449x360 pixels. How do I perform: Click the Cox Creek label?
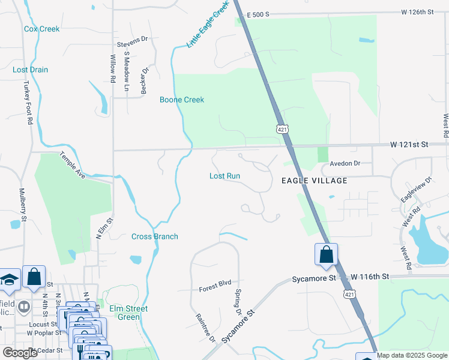pos(41,29)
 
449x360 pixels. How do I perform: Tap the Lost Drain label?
pos(30,70)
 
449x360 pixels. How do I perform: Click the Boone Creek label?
pos(181,100)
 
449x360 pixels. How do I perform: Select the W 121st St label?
pos(409,145)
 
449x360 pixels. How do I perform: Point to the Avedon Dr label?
pos(345,163)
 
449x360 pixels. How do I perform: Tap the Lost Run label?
pos(224,176)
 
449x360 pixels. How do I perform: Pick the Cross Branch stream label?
pos(155,236)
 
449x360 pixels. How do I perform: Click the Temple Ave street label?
pos(72,164)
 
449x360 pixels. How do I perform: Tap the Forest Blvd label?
pos(215,289)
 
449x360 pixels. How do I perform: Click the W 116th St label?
pos(370,277)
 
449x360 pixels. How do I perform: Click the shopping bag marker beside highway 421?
pos(326,254)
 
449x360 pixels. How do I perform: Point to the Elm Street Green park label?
pos(128,313)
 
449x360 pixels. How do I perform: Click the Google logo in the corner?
pos(20,353)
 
